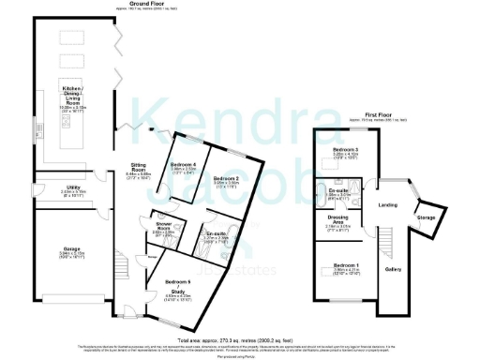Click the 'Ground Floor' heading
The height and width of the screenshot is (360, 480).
(143, 5)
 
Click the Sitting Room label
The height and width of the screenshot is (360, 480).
(140, 170)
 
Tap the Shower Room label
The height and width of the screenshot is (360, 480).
(164, 228)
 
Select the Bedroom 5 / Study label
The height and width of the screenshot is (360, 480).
(178, 286)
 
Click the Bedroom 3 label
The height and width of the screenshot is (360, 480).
(346, 149)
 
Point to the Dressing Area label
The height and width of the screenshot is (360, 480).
(337, 219)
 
